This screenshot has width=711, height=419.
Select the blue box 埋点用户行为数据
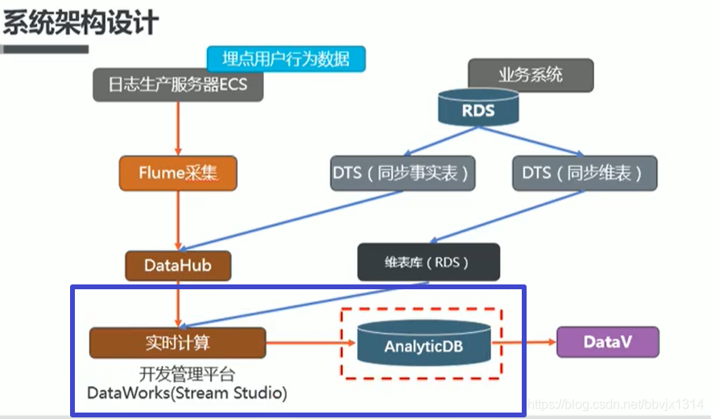coord(286,58)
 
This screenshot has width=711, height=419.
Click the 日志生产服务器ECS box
coord(178,85)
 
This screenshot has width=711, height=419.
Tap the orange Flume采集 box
coord(178,173)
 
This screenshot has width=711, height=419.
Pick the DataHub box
coord(178,264)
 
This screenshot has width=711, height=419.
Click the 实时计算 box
coord(178,342)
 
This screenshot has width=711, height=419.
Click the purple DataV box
coord(607,342)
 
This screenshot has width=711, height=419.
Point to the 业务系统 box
coord(531,76)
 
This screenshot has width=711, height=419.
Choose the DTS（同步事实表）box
coord(402,173)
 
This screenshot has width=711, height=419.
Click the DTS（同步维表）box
coord(584,173)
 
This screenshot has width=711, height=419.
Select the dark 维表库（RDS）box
coord(428,263)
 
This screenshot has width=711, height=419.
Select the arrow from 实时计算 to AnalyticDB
coord(310,343)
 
